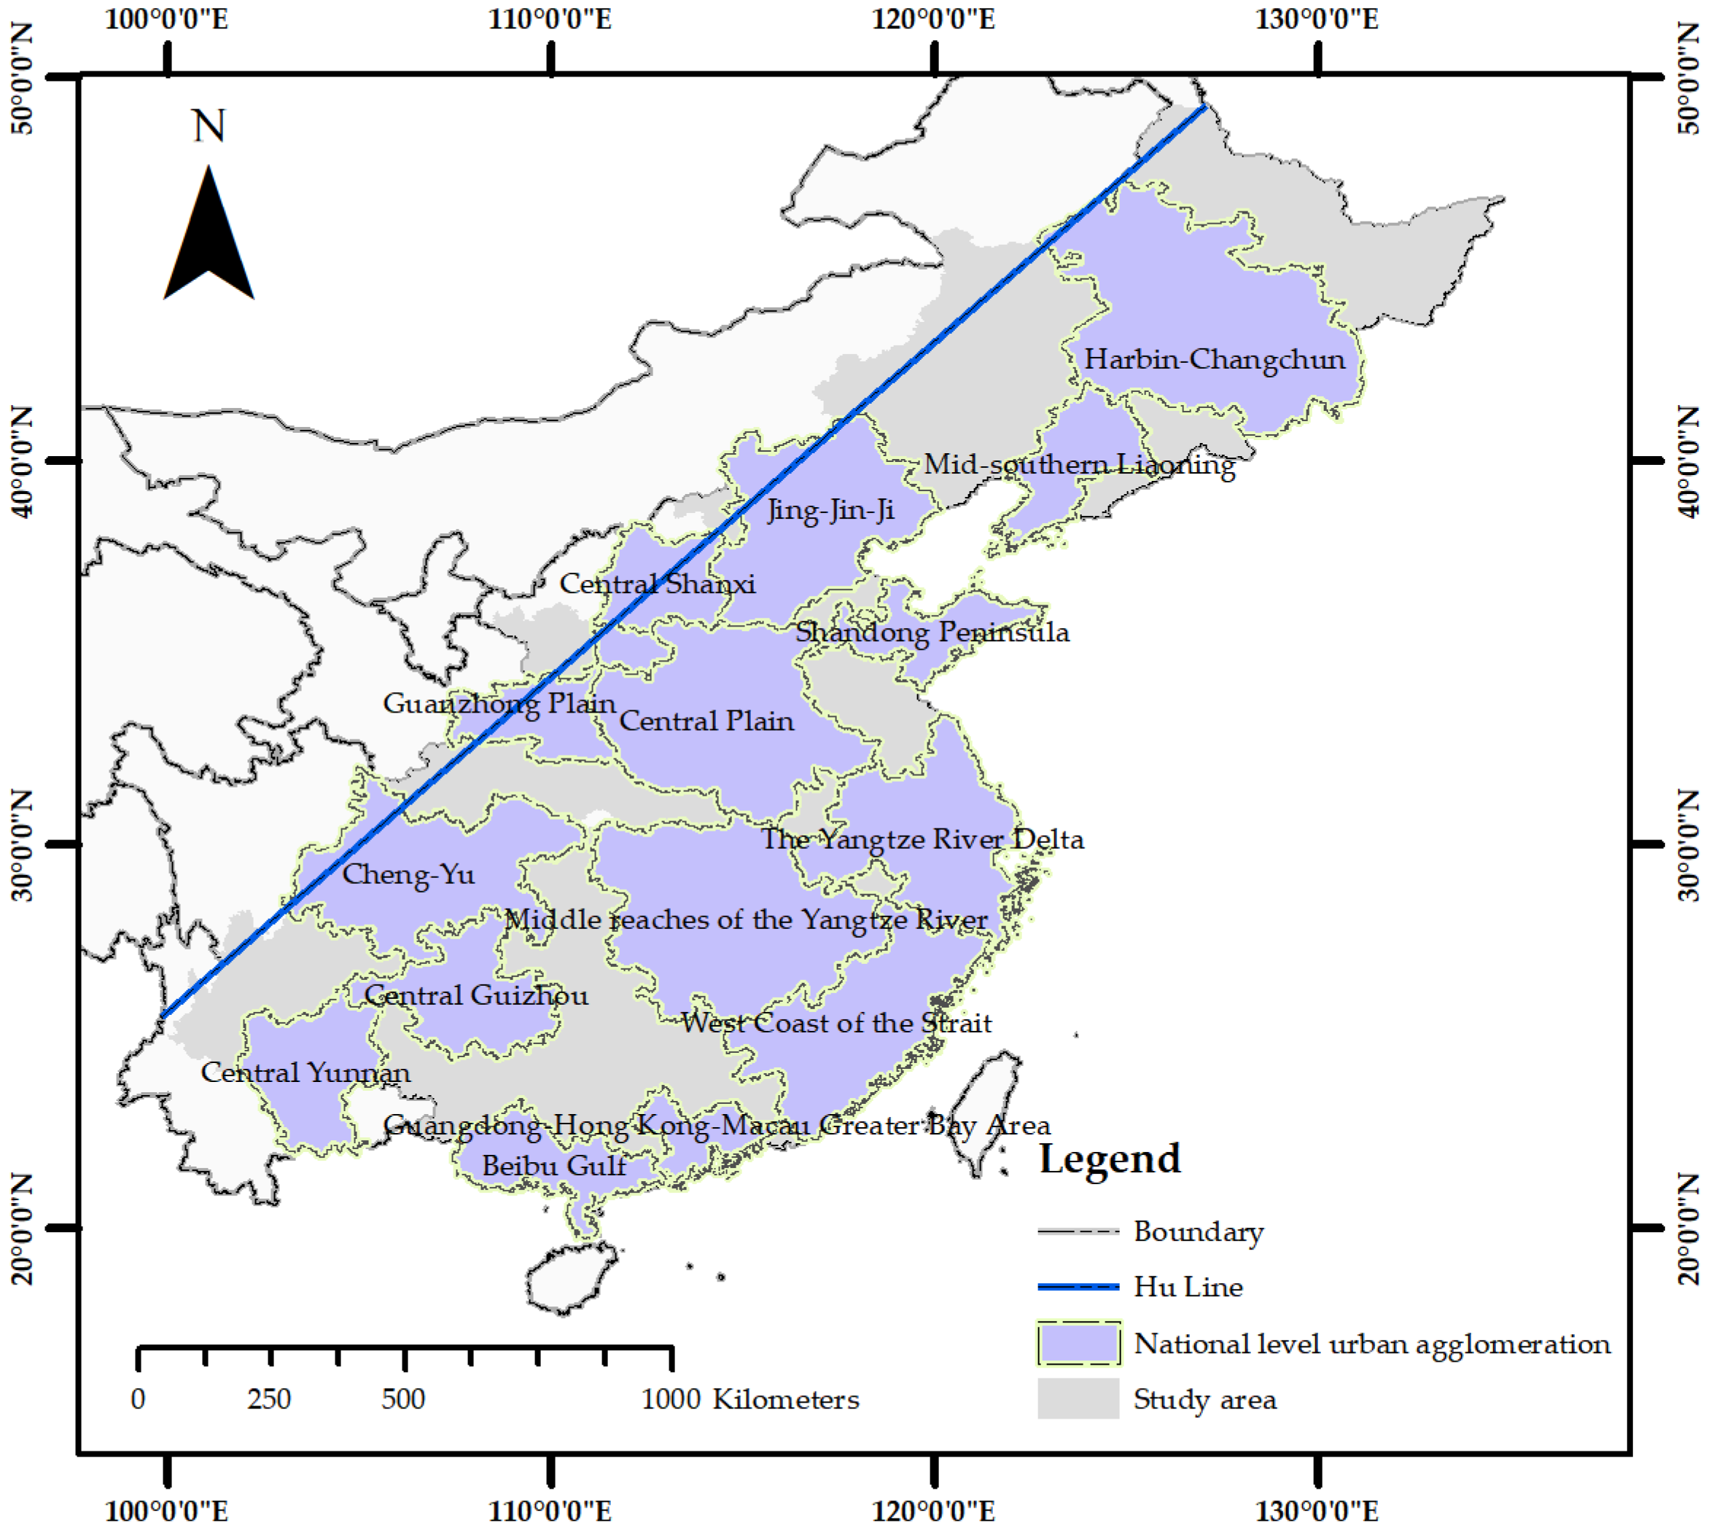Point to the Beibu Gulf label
point(553,1166)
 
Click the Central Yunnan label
point(305,1073)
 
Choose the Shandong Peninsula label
point(932,632)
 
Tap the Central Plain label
point(706,721)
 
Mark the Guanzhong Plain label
point(499,703)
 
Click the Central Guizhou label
point(475,995)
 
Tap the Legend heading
point(1109,1158)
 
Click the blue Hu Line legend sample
point(1078,1286)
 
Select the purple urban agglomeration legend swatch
point(1078,1344)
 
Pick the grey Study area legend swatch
point(1078,1399)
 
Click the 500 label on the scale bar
point(402,1399)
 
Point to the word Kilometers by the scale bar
point(785,1399)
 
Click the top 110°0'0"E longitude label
point(550,18)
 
